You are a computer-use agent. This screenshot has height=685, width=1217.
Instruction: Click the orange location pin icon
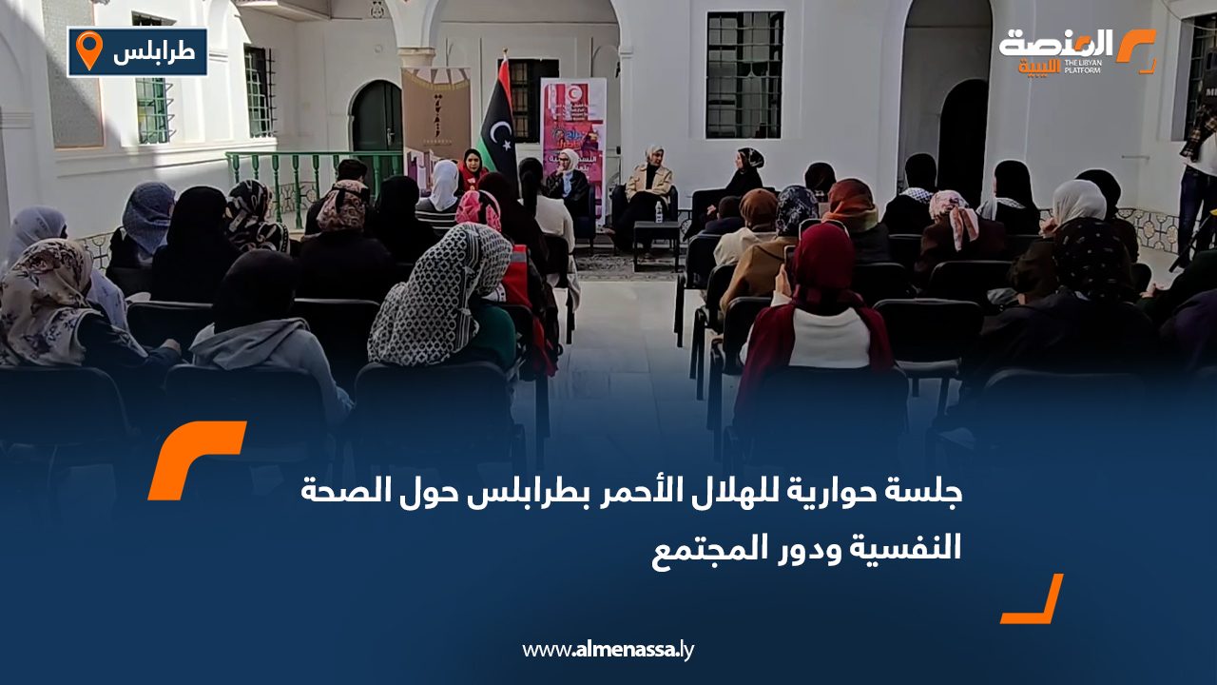[x=88, y=49]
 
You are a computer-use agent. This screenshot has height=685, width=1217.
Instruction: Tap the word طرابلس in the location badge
[x=153, y=52]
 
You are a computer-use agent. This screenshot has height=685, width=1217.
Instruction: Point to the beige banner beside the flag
[x=435, y=114]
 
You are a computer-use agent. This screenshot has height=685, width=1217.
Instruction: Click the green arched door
[x=377, y=124]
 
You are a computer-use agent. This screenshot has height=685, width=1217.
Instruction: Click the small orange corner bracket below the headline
[x=1033, y=601]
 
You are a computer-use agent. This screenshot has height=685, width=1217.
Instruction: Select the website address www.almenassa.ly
[x=608, y=650]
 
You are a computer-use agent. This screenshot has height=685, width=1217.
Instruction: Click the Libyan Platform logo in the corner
[x=1075, y=51]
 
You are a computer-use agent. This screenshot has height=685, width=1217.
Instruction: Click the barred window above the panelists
[x=744, y=74]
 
